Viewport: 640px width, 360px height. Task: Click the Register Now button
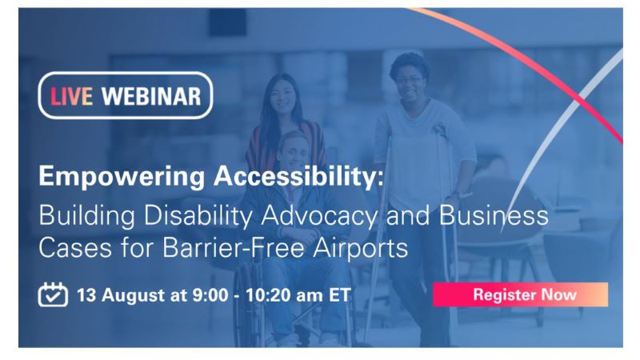(x=521, y=294)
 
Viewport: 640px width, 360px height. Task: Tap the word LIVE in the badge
(x=71, y=96)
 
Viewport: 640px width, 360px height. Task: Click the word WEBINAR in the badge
(x=151, y=96)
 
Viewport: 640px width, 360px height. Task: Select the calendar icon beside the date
(x=53, y=294)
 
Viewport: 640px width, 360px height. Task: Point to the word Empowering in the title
(x=122, y=177)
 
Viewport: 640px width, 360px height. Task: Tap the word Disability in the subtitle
(x=198, y=216)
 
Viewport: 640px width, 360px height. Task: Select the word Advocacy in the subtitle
(x=319, y=216)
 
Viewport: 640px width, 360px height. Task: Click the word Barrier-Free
(x=233, y=247)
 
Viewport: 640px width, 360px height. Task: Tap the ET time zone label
(x=339, y=294)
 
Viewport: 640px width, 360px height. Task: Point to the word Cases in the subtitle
(x=75, y=247)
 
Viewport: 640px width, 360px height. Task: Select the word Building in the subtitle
(x=86, y=216)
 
